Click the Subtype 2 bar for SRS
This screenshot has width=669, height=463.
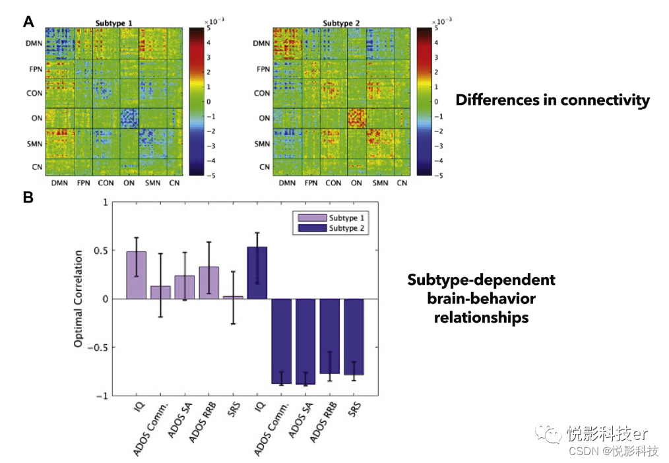pos(354,336)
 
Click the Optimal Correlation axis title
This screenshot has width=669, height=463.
pos(78,298)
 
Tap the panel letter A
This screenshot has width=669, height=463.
pos(28,22)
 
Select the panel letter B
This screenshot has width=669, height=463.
pos(28,197)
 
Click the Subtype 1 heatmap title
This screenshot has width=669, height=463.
pos(113,23)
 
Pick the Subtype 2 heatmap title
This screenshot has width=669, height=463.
pos(342,23)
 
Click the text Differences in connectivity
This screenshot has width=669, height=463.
pos(552,100)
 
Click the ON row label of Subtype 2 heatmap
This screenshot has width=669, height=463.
pos(264,119)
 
